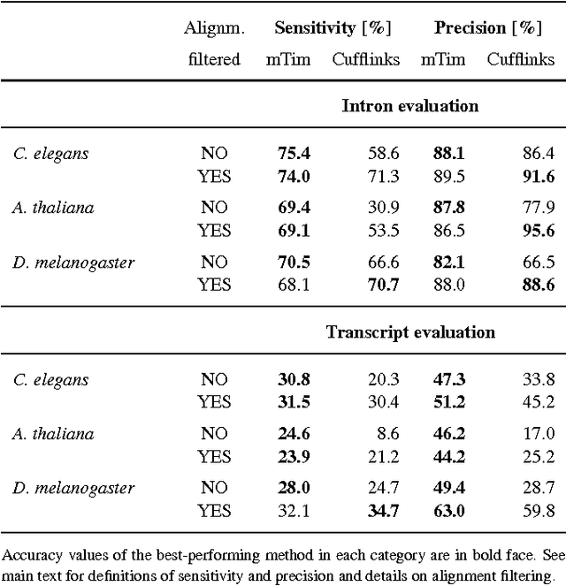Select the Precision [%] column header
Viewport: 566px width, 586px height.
point(487,27)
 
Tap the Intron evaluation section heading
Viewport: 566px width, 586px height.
point(410,106)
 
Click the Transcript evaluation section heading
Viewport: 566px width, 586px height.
point(410,332)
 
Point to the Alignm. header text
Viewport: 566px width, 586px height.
point(213,28)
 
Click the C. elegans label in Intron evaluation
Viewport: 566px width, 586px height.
point(50,154)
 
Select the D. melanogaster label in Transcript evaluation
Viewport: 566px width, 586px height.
point(73,489)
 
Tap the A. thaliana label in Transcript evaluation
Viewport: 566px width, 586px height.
point(53,435)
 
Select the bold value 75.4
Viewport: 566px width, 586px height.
point(294,154)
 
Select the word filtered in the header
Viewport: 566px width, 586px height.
point(213,60)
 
